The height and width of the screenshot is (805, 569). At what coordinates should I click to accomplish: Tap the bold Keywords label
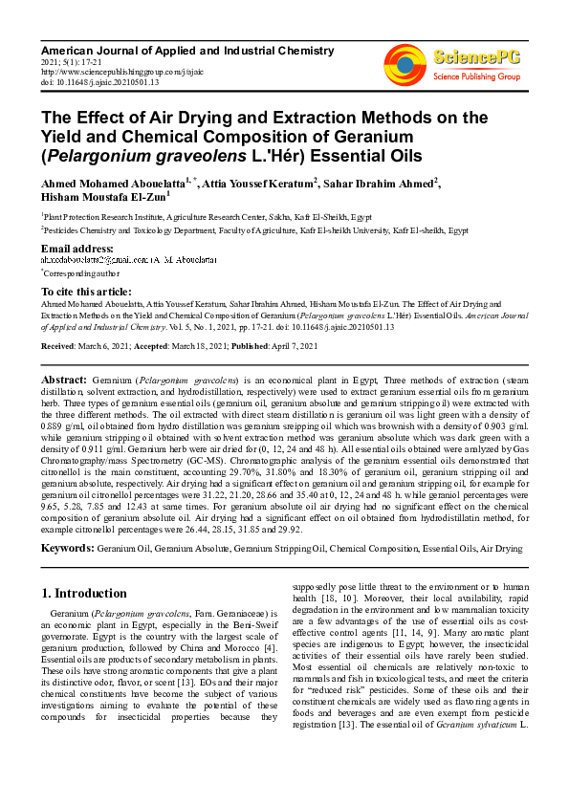point(66,549)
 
